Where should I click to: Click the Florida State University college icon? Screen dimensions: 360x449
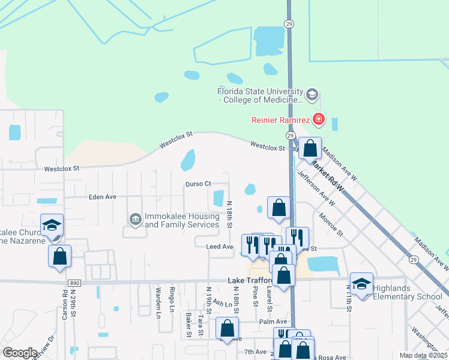click(x=312, y=94)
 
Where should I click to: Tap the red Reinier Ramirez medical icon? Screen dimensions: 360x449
click(x=318, y=121)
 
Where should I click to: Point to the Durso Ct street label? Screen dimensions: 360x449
click(x=199, y=184)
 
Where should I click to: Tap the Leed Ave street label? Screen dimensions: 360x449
click(x=219, y=247)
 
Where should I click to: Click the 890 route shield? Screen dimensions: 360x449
click(x=74, y=281)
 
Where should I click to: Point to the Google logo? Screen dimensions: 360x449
click(x=20, y=353)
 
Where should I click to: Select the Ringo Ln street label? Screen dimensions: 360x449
click(x=172, y=299)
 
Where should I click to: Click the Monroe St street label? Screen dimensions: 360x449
click(x=331, y=224)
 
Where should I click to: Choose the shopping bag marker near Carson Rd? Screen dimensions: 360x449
click(x=59, y=256)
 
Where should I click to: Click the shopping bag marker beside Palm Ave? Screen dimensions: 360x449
click(x=227, y=328)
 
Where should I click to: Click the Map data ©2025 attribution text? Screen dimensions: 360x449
click(x=423, y=355)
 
